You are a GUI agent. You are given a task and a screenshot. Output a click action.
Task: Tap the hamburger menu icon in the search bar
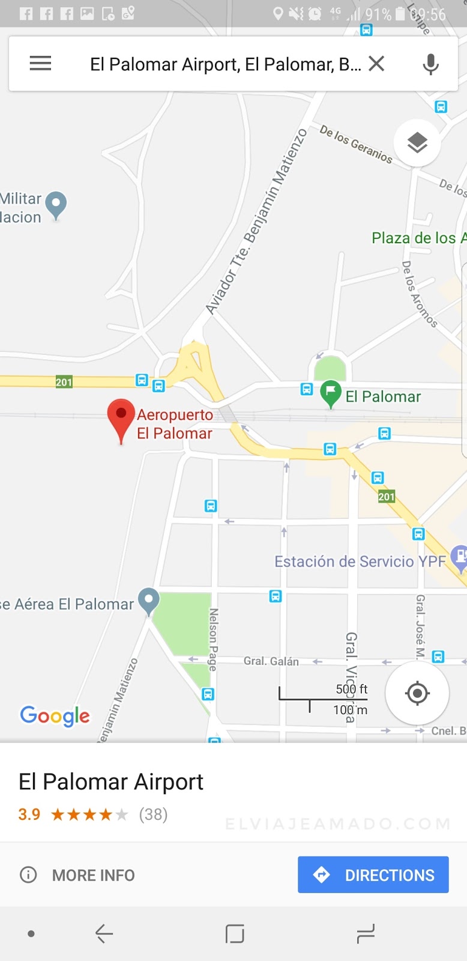coord(40,63)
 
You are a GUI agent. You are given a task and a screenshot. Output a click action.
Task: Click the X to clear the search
coord(376,63)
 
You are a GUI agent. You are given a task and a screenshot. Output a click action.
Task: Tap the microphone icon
coord(430,64)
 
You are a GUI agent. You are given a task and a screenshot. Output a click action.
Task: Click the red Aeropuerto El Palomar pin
coord(121,417)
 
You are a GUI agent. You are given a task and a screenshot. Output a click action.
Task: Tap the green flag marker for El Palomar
coord(330,393)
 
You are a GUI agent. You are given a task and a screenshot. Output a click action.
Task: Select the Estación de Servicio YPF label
coord(360,562)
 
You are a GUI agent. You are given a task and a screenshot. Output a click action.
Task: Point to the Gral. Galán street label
coord(271,661)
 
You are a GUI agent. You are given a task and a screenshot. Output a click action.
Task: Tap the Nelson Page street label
coord(212,639)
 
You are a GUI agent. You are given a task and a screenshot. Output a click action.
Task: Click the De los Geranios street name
coord(356,144)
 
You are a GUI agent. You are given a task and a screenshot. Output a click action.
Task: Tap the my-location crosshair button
coord(417,693)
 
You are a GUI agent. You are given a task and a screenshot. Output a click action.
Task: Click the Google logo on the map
coord(55,715)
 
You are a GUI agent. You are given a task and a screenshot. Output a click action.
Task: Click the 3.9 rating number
coord(29,814)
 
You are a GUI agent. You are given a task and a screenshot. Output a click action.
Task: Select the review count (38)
coord(153,814)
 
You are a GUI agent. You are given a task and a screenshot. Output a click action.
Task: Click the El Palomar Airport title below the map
coord(111,782)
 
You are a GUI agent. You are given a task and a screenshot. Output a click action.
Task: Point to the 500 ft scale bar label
coord(351,689)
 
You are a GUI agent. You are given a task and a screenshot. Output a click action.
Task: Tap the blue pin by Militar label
coord(56,204)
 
